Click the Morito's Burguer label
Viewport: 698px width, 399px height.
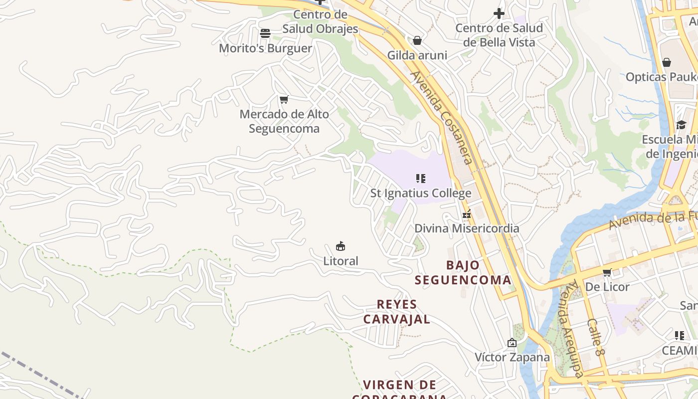(265, 48)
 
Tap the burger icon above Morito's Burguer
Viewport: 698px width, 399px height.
(265, 33)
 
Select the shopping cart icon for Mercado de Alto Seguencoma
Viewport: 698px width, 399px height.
(284, 100)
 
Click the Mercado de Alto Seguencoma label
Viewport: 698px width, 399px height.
(284, 121)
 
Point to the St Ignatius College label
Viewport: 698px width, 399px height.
(420, 193)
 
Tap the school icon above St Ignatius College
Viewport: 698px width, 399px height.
(420, 178)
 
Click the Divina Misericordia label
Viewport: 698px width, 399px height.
(467, 228)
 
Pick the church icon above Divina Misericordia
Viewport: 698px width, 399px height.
(467, 214)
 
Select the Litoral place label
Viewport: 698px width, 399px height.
(341, 261)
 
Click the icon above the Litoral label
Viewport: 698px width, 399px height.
(341, 246)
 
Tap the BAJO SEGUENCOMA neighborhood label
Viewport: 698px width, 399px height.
(463, 272)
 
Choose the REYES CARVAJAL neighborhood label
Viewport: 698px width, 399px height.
(397, 312)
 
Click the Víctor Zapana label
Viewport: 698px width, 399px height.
(512, 357)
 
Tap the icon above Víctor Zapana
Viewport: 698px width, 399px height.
(512, 343)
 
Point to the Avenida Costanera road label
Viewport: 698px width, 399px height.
(442, 118)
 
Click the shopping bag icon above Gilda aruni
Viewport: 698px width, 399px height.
(417, 40)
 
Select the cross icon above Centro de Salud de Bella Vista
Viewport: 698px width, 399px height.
(499, 13)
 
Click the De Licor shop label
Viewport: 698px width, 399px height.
(607, 287)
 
